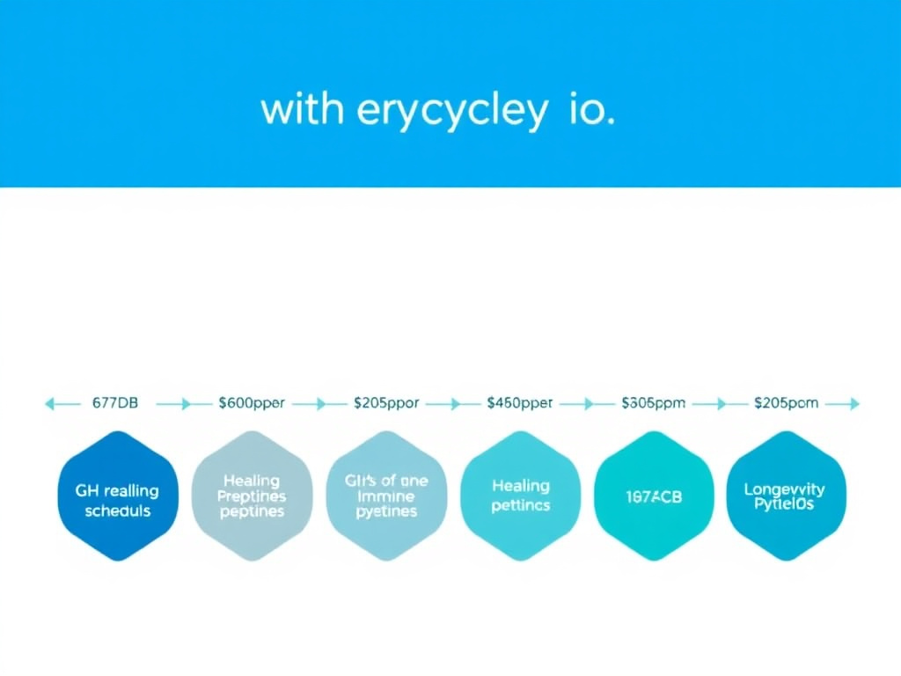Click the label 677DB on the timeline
114,403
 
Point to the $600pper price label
252,403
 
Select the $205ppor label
385,403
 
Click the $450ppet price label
519,403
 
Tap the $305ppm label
653,403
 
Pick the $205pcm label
786,403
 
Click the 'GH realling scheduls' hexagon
118,496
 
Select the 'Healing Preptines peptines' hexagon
252,496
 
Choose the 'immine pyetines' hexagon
386,496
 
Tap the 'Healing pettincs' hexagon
520,496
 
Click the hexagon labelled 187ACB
654,496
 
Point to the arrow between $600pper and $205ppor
309,404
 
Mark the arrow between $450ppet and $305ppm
577,404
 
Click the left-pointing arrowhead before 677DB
50,404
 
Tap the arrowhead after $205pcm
853,404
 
